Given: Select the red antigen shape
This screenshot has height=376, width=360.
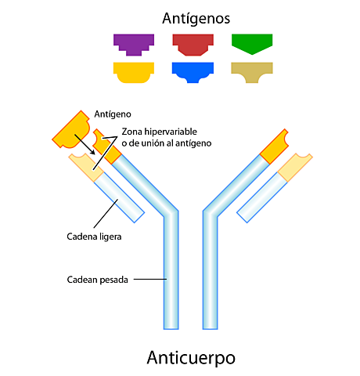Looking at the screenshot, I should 193,42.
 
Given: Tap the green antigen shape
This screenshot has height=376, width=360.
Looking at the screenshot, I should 252,42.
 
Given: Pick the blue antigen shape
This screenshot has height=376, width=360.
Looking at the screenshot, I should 193,71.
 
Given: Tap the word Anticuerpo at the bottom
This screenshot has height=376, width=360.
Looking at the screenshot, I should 190,357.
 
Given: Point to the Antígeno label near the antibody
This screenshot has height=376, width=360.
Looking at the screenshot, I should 110,115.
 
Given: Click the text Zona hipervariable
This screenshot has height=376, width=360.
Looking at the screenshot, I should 167,131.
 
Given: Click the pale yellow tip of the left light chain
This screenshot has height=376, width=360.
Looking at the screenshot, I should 85,167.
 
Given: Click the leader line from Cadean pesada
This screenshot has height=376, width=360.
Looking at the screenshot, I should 153,279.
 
